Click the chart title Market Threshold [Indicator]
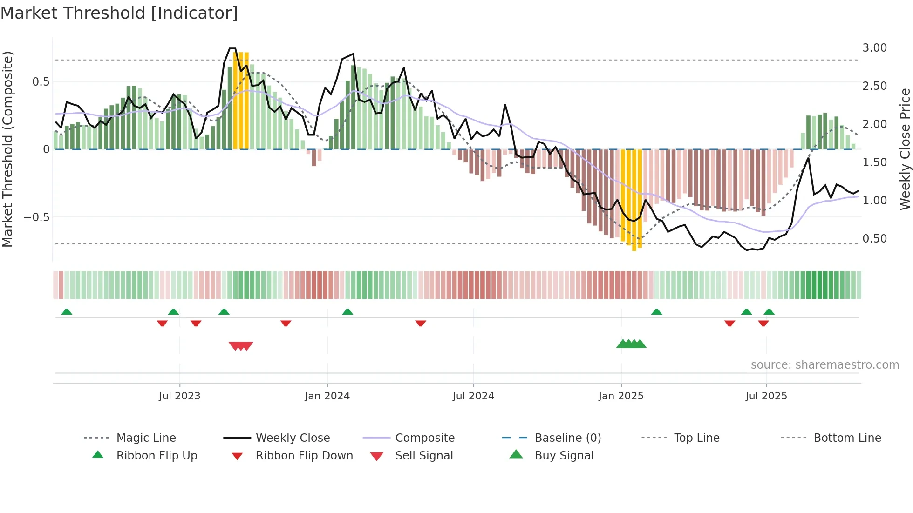[119, 13]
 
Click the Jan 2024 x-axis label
[327, 396]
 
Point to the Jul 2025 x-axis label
[766, 396]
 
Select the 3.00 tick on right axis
[874, 48]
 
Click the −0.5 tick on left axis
[36, 217]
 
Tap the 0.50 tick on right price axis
[874, 239]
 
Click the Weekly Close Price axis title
[905, 149]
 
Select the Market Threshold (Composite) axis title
[7, 149]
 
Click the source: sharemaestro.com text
[824, 365]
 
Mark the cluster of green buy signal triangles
[631, 344]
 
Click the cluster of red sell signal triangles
[241, 346]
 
